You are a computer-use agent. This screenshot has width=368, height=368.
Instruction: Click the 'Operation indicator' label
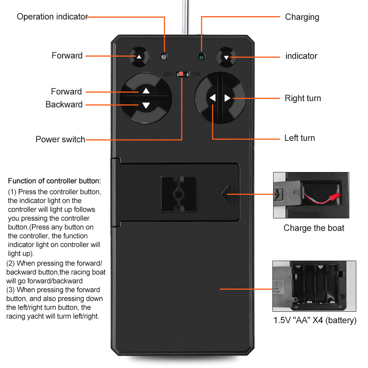(52, 17)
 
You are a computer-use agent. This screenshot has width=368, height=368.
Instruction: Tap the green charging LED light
(201, 57)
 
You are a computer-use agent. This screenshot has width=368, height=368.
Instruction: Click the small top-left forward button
(139, 57)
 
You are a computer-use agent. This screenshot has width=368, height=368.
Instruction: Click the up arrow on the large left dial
(146, 91)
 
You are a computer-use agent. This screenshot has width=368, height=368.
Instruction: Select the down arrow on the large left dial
(146, 106)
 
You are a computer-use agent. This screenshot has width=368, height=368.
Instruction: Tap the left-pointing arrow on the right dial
(212, 98)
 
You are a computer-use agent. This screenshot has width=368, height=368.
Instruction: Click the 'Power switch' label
(60, 139)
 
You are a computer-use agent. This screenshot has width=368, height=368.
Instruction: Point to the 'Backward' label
(64, 104)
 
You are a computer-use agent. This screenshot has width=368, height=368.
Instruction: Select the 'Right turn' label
(303, 98)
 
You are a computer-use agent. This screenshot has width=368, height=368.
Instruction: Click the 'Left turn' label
(300, 138)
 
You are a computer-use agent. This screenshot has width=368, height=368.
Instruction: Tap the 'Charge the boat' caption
(314, 228)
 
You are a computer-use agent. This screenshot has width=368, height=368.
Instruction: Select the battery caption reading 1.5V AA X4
(315, 320)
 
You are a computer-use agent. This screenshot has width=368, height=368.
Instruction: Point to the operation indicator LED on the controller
(164, 57)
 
